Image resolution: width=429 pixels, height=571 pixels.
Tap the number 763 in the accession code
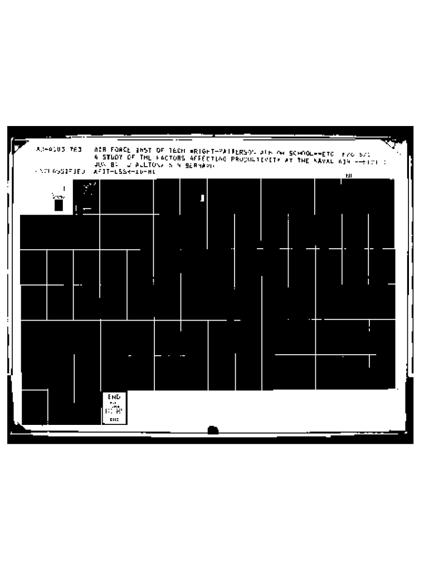(x=76, y=150)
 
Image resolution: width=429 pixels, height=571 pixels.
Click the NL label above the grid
(x=349, y=176)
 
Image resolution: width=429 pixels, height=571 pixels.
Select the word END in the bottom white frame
(x=114, y=396)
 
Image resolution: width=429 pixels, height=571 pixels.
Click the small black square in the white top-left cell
(x=58, y=205)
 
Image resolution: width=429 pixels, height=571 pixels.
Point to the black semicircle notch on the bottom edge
(x=213, y=430)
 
